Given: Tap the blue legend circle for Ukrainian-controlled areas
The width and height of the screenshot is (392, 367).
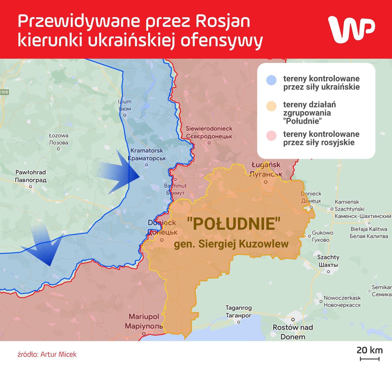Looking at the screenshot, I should [x=271, y=80].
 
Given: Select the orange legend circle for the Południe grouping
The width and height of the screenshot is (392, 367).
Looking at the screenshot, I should [x=271, y=106].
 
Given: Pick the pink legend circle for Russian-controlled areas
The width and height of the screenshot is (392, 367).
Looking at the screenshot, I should [x=271, y=136].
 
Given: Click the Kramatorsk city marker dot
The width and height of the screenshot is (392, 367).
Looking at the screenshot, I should [x=147, y=165].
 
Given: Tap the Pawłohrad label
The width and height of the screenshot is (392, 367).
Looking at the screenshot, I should [x=31, y=176].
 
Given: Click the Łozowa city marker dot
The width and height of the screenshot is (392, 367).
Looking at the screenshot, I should [x=59, y=149].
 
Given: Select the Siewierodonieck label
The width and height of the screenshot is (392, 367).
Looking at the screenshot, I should [x=209, y=132].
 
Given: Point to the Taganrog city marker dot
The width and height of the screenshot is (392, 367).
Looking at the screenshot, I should [x=239, y=322].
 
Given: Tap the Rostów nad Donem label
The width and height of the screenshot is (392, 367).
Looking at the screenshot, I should [x=293, y=332].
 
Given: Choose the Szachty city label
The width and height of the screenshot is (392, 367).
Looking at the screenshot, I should [x=328, y=261].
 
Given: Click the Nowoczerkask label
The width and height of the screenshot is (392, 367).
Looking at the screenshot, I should [x=342, y=301].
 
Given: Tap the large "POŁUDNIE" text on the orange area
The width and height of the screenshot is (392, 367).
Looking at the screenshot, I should [x=234, y=224].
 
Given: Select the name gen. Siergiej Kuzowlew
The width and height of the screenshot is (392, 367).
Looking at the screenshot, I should [x=231, y=244].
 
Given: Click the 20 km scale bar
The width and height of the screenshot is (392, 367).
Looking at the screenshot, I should [x=370, y=359].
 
